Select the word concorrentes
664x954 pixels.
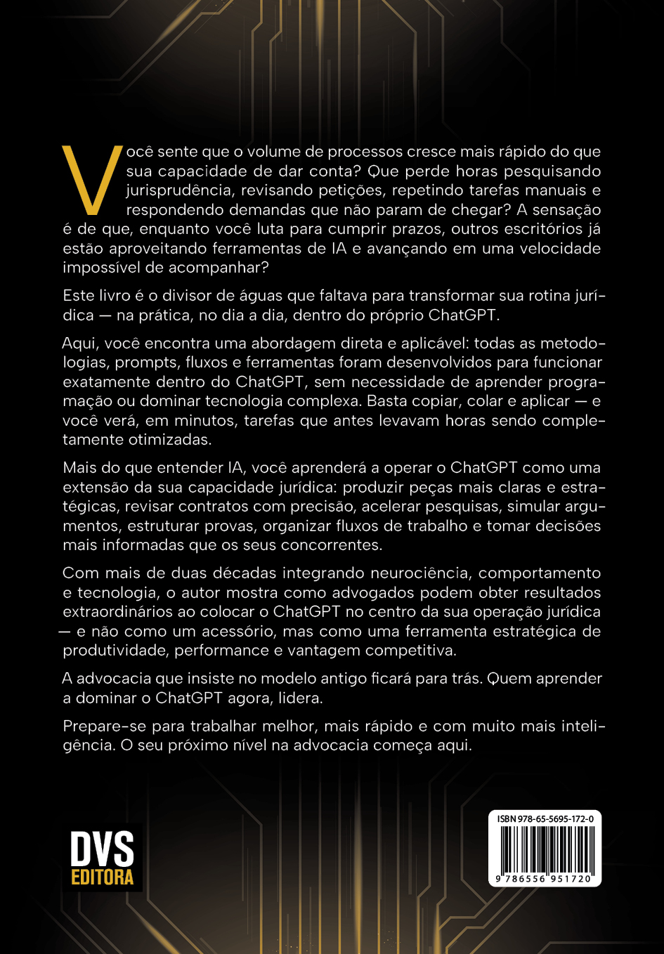pos(330,545)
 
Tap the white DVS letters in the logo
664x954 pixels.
pos(102,849)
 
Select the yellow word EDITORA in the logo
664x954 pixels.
pos(103,877)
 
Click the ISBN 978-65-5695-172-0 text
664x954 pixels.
pos(545,819)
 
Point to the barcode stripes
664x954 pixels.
pos(545,849)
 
